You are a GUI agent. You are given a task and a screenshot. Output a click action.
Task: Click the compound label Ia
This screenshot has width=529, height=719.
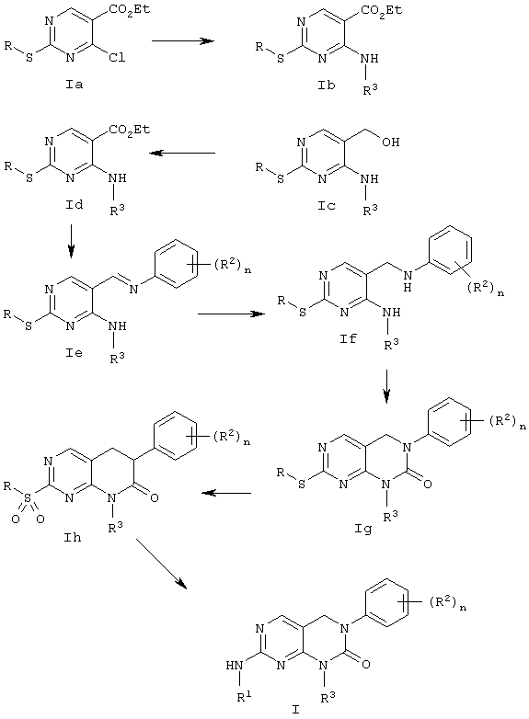pos(74,85)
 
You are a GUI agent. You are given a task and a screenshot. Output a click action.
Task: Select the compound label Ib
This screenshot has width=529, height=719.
pos(327,85)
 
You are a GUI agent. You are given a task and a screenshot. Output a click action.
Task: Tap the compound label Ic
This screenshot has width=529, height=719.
pos(327,205)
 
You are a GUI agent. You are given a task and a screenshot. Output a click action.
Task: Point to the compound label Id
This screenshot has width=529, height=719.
pos(74,204)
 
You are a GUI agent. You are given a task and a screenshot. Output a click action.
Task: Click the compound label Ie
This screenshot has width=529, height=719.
pos(74,353)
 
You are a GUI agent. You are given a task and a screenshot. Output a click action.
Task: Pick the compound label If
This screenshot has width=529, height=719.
pos(349,339)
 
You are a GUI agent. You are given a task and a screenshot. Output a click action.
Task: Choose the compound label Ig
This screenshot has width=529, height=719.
pos(362,529)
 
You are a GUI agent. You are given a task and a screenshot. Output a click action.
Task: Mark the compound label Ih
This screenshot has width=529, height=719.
pos(73,537)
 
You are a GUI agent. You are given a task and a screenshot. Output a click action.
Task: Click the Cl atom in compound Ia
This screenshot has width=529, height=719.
pos(117,58)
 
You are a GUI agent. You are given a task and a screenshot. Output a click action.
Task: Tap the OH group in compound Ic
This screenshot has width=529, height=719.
pos(390,143)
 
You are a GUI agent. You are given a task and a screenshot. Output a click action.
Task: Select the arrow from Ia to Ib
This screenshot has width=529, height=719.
pos(183,40)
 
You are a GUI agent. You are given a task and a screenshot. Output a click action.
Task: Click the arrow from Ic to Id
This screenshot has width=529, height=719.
pos(183,154)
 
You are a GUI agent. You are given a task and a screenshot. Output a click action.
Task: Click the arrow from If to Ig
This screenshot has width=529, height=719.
pos(386,386)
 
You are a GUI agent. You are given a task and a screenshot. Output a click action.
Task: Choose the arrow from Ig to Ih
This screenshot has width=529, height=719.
pos(226,494)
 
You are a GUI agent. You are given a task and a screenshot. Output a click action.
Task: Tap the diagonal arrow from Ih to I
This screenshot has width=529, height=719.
pos(162,563)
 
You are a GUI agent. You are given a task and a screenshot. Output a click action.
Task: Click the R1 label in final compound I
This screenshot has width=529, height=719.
pos(244,698)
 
